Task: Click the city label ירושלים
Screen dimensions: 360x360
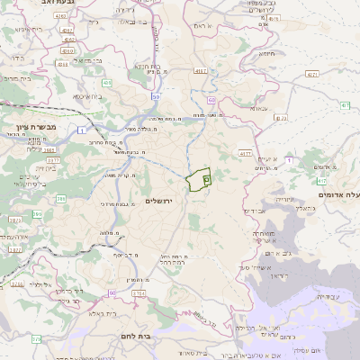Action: point(164,201)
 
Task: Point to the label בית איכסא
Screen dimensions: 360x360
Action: point(87,94)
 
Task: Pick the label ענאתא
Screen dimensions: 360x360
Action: point(258,105)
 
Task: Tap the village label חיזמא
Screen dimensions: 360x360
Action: point(267,54)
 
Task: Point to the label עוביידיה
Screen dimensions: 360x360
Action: point(328,296)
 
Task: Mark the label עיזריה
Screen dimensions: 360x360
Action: point(284,199)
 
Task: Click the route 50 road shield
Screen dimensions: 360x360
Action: point(156,96)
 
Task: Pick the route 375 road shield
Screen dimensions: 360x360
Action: point(36,339)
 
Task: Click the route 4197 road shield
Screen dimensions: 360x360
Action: point(200,70)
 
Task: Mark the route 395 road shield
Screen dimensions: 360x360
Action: point(37,214)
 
